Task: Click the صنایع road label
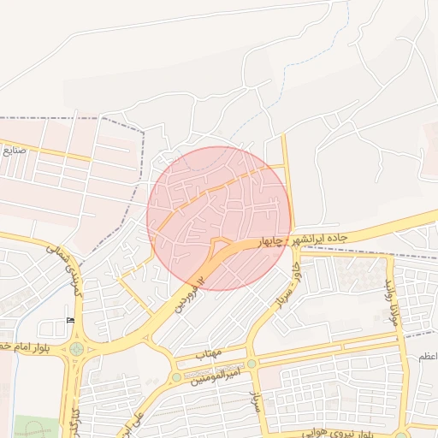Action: pos(15,150)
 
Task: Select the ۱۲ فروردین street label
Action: pos(191,293)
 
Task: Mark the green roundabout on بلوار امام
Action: pos(77,348)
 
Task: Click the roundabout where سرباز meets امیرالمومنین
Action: pos(252,364)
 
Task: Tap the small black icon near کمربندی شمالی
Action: pos(70,321)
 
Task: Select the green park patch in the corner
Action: pos(34,427)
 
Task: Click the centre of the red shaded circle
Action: pos(220,218)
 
